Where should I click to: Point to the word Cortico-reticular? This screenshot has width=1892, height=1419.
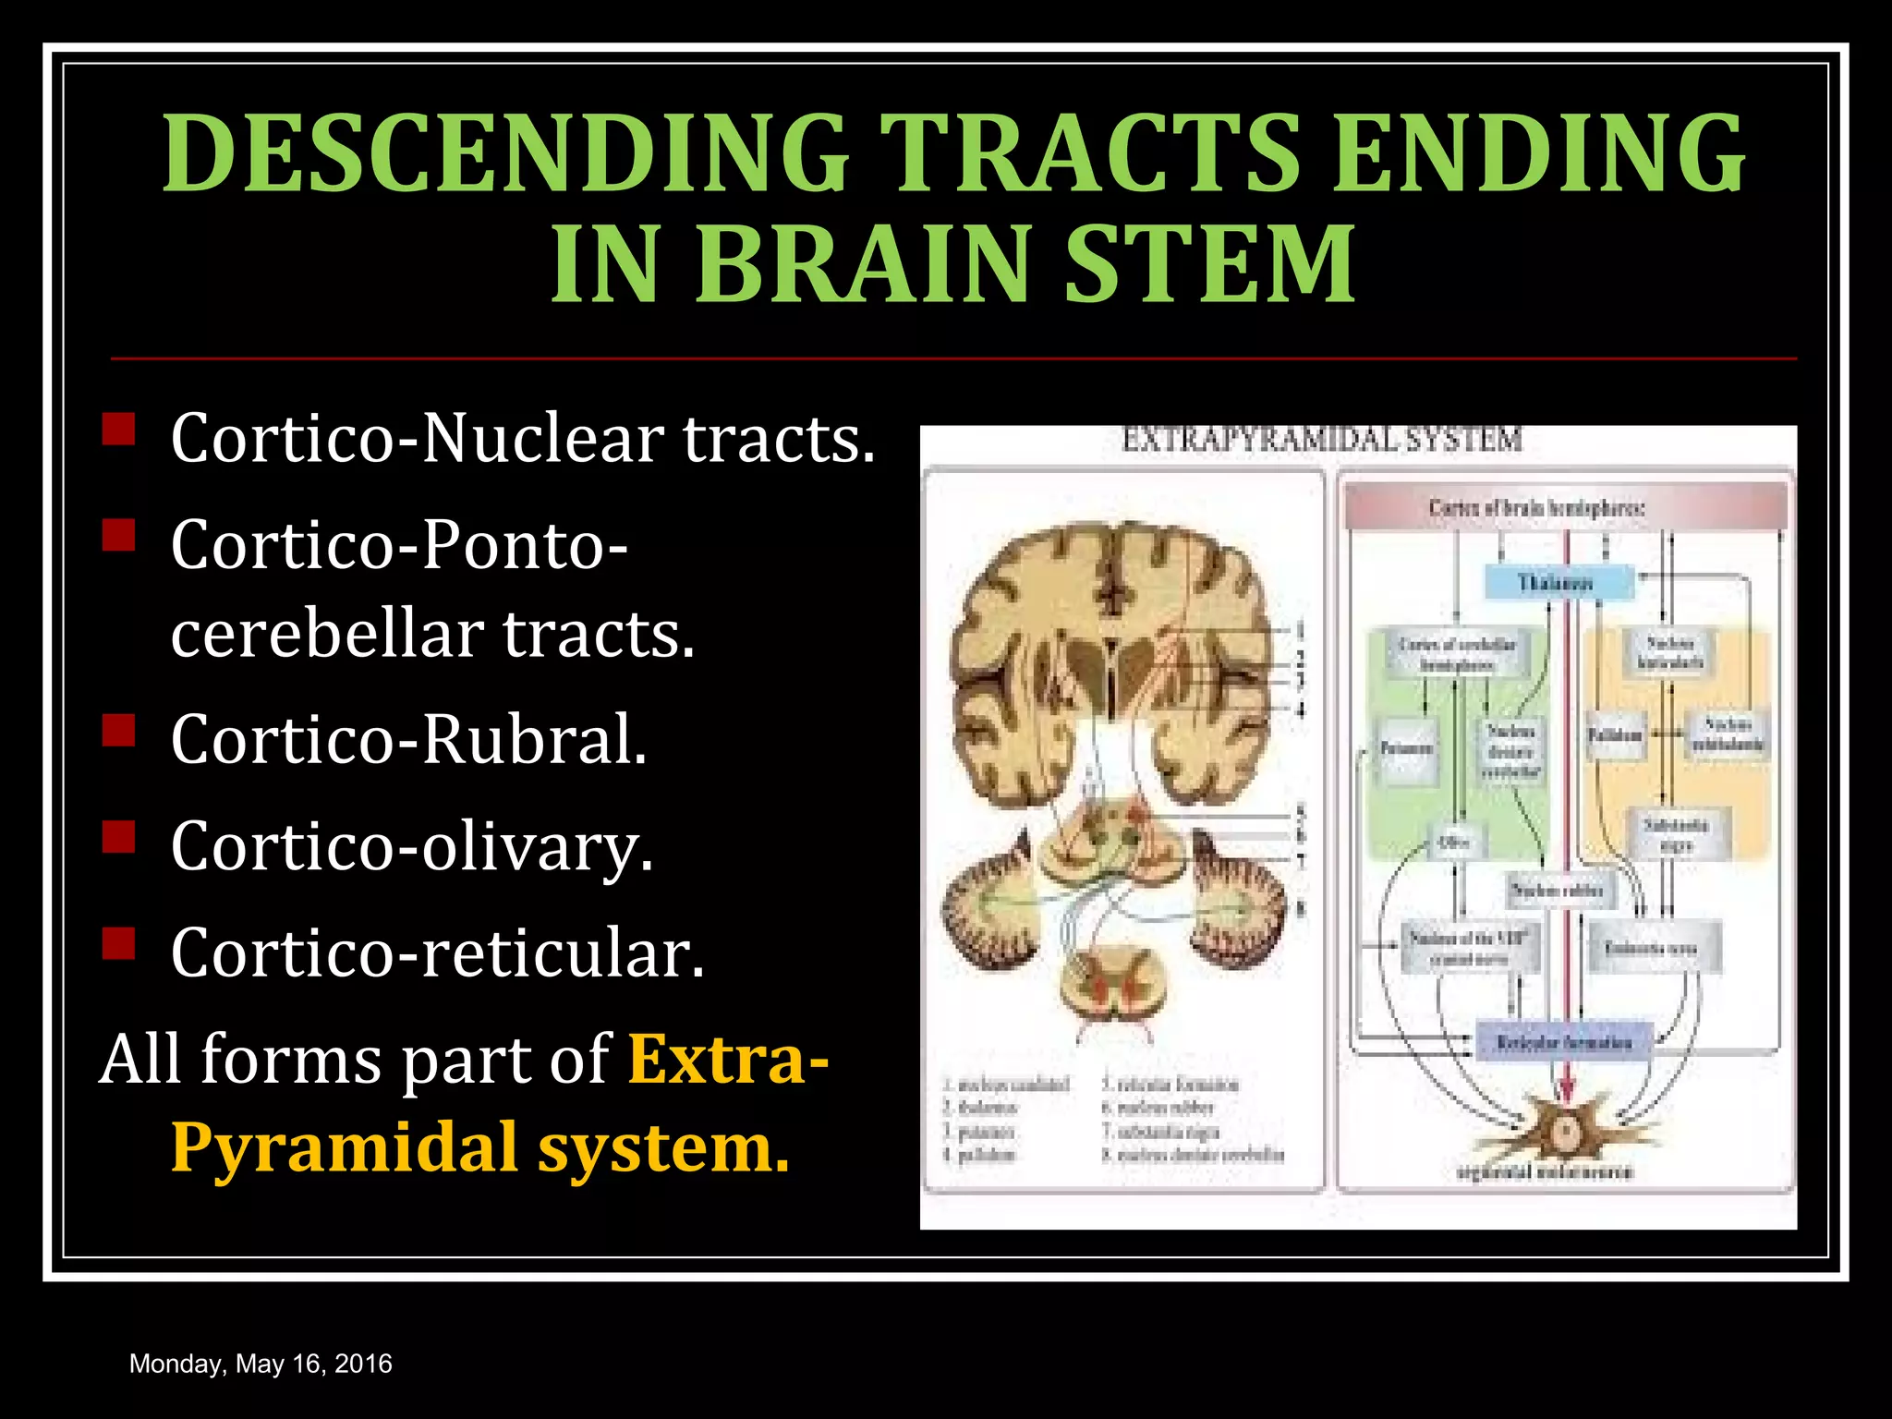click(x=437, y=953)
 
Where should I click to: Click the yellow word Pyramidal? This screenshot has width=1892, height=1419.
click(x=345, y=1148)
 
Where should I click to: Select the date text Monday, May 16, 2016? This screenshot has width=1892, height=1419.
click(x=261, y=1364)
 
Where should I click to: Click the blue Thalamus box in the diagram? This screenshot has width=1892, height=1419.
click(x=1558, y=583)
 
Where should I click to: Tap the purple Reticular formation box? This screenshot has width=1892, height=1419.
click(x=1565, y=1042)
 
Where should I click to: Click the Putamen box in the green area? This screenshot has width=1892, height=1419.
click(x=1407, y=749)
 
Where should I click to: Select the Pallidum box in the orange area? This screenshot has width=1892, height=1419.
click(x=1616, y=736)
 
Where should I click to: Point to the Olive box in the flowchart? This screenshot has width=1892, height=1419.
click(x=1453, y=842)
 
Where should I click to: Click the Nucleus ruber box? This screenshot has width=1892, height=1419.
click(x=1559, y=891)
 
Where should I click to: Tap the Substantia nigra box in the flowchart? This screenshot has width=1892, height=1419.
click(x=1675, y=834)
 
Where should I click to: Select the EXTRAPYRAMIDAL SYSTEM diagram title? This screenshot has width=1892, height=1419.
click(x=1321, y=440)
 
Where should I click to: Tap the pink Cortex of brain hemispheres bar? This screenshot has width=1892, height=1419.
click(x=1565, y=507)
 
